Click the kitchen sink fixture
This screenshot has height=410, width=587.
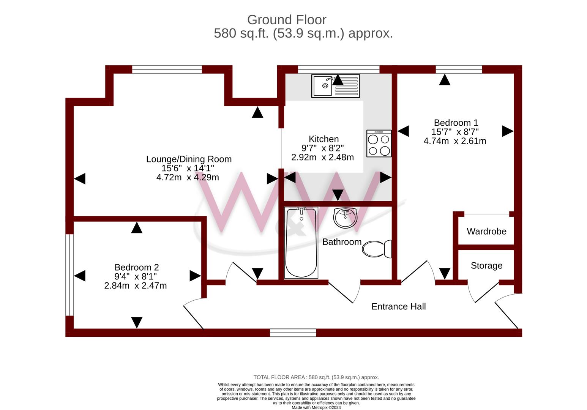(x=335, y=86)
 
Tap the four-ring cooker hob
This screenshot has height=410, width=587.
(x=379, y=143)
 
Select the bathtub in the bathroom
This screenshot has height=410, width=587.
(x=301, y=243)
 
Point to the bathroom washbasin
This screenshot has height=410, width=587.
(x=346, y=218)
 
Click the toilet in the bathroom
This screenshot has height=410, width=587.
(x=377, y=249)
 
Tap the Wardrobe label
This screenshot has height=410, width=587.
(x=486, y=231)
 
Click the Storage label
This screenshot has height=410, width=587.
(x=487, y=266)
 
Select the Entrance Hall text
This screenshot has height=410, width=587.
(x=399, y=306)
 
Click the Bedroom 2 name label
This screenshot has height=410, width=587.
(x=137, y=267)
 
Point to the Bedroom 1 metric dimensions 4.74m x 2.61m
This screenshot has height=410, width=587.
(x=455, y=141)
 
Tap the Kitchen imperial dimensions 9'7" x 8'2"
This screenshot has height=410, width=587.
(x=323, y=148)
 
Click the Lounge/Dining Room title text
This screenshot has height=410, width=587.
(x=189, y=159)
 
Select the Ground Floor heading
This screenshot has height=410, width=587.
(x=287, y=20)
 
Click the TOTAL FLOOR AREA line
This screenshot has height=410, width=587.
(x=316, y=377)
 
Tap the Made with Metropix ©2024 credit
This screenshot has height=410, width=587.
(x=316, y=407)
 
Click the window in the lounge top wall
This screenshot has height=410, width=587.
(x=167, y=69)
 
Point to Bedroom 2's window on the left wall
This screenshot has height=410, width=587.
(x=69, y=275)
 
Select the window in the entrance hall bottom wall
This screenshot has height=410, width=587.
(x=293, y=333)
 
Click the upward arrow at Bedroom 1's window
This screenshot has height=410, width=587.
(x=445, y=80)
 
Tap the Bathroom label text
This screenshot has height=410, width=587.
(x=342, y=242)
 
